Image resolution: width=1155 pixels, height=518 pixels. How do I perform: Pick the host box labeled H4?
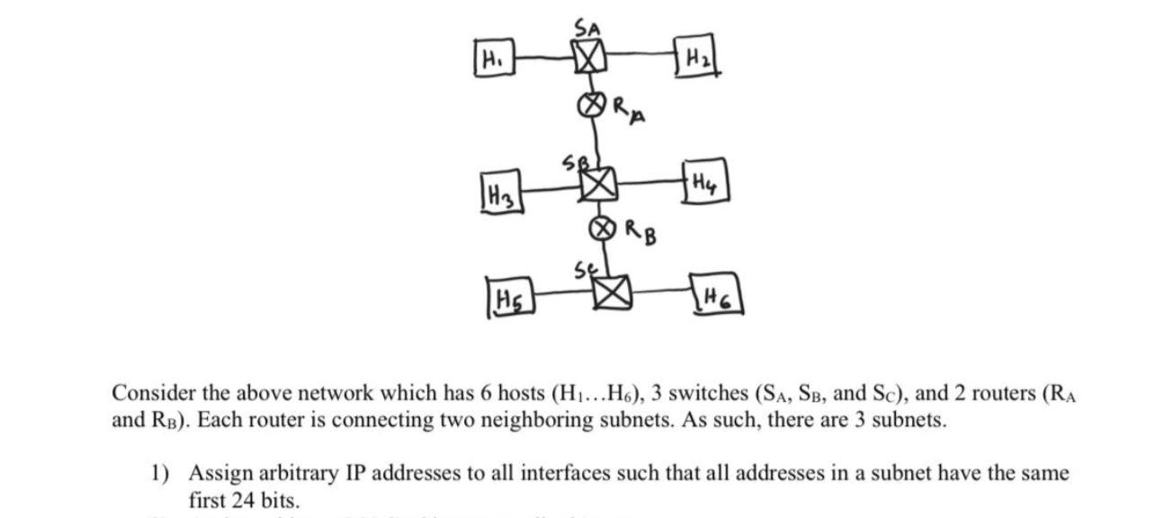coord(704,184)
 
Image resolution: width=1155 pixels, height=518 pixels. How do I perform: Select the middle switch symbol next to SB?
coord(597,185)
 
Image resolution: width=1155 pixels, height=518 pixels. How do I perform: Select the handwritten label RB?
coord(637,236)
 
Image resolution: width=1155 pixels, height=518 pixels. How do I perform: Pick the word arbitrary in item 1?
coord(279,472)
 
